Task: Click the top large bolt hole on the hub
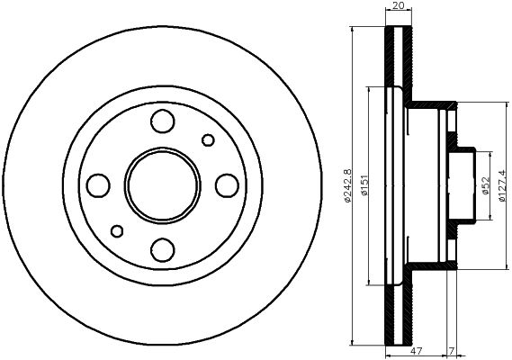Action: click(x=163, y=120)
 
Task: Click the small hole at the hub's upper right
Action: click(x=209, y=139)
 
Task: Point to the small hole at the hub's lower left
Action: click(x=116, y=230)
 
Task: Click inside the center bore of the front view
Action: click(x=163, y=184)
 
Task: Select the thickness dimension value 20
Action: click(x=397, y=6)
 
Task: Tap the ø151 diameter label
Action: click(x=364, y=184)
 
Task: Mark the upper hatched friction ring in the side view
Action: click(x=397, y=58)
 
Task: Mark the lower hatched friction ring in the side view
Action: click(x=397, y=310)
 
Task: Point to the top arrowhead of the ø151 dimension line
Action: click(x=369, y=89)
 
